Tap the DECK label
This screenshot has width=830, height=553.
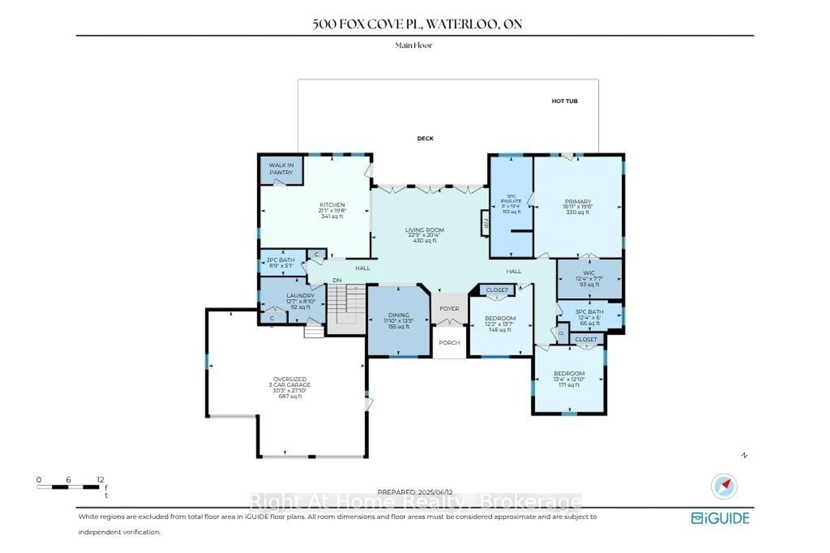[x=425, y=139]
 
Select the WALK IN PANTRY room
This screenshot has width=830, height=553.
[x=281, y=169]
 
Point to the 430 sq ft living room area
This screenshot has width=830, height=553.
[x=425, y=241]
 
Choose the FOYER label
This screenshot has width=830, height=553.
[x=449, y=308]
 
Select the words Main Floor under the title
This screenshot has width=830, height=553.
[x=413, y=45]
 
